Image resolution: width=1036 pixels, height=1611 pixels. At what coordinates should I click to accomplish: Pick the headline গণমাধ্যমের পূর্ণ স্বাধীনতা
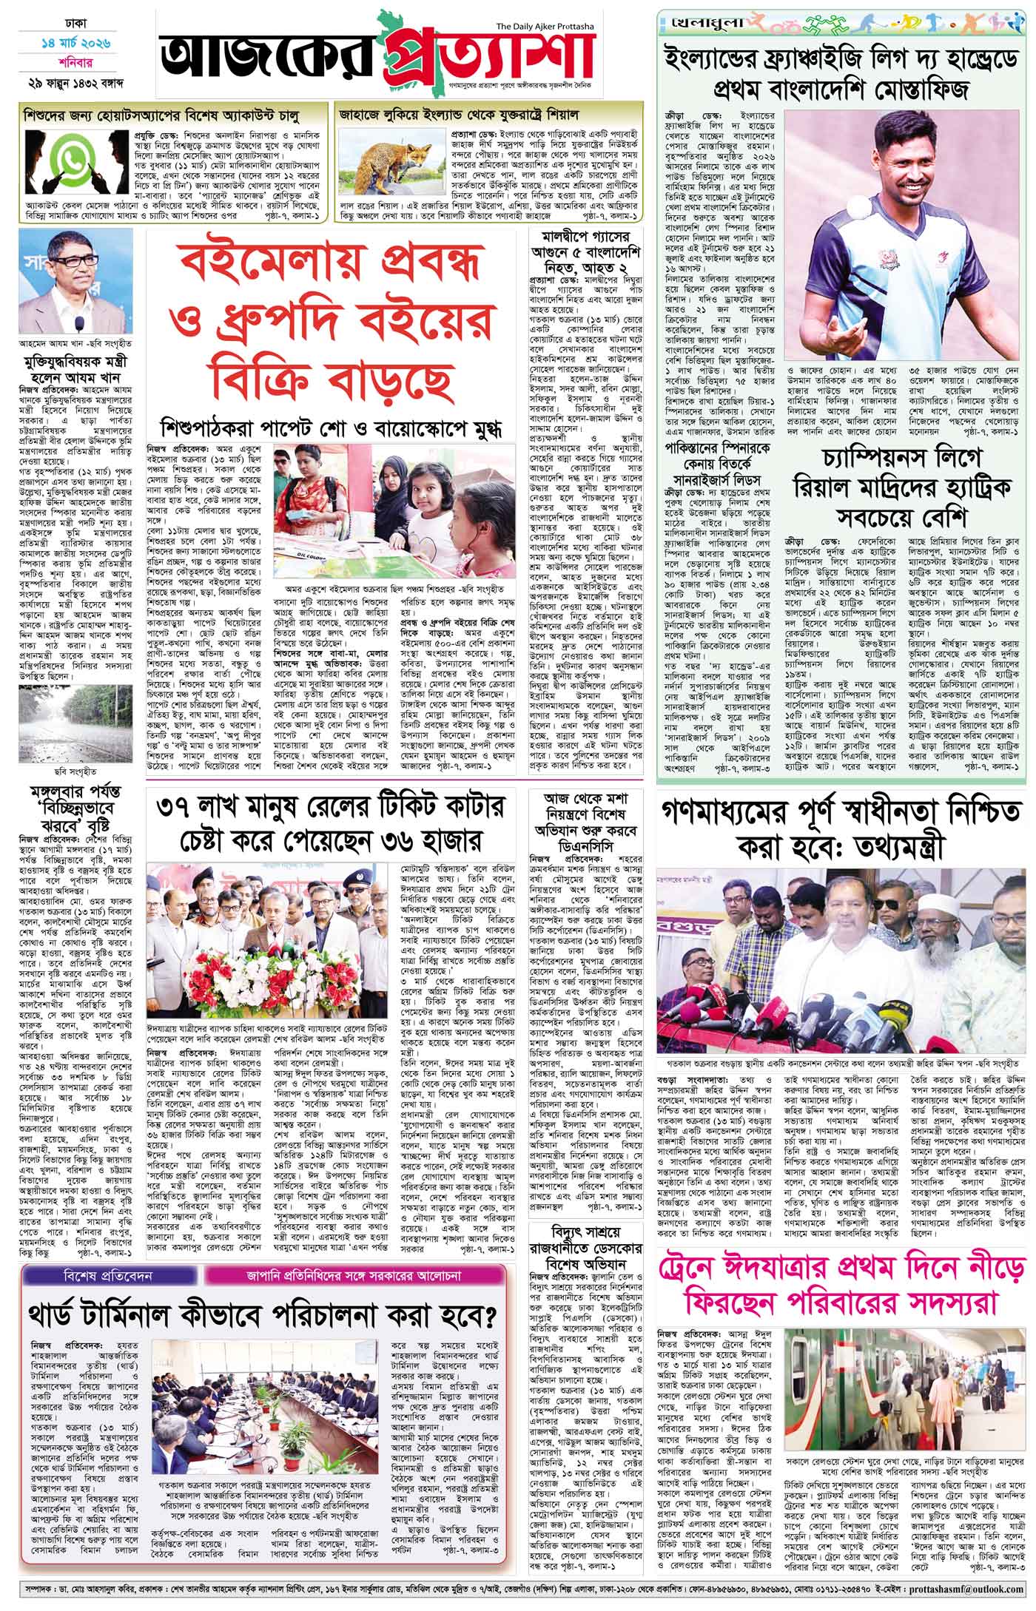coord(840,825)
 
